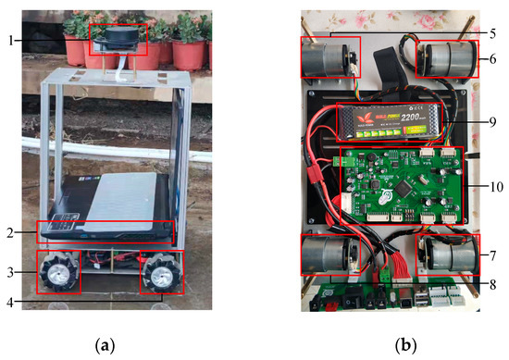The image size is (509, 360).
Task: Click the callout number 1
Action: click(x=9, y=40)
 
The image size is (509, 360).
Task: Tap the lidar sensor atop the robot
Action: click(x=118, y=38)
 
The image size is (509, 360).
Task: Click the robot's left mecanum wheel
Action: click(x=56, y=271)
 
